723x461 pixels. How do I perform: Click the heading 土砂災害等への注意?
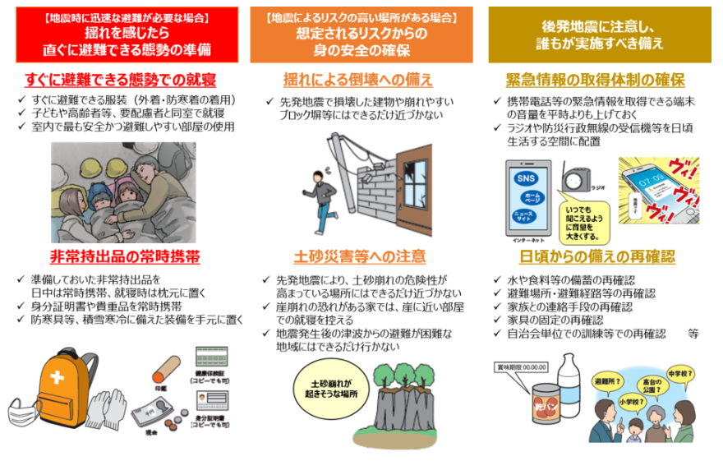tap(360, 256)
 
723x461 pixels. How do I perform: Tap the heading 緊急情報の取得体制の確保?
tap(595, 80)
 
